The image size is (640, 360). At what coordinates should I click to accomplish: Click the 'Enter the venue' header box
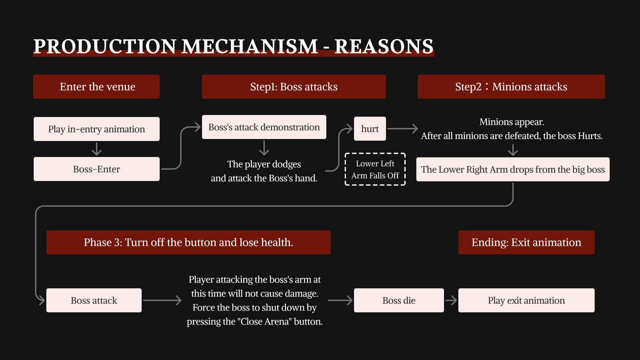(96, 87)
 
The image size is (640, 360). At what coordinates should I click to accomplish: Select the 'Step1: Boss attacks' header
(294, 87)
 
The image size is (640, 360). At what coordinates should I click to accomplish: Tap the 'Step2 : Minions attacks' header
(511, 87)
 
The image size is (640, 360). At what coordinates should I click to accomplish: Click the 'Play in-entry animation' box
(96, 129)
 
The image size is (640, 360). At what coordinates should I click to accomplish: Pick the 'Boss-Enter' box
(96, 169)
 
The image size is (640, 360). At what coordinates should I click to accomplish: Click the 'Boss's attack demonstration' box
(264, 127)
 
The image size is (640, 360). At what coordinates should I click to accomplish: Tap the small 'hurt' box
(370, 129)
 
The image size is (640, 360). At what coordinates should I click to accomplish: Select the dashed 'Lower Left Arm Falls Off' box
(375, 169)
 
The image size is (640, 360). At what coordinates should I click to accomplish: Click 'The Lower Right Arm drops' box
(513, 169)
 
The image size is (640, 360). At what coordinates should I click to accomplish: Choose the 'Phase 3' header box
(188, 242)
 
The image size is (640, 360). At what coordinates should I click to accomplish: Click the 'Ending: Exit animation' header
(526, 242)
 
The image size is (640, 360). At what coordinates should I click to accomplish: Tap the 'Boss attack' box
(94, 300)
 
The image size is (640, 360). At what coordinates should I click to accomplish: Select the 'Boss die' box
(399, 300)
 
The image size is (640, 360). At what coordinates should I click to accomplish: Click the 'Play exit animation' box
(526, 300)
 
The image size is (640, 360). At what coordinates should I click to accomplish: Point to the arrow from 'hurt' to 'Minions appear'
(402, 129)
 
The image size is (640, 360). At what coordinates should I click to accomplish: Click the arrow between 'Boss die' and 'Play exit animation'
(451, 300)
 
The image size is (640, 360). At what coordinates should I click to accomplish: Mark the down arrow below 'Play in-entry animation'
(97, 149)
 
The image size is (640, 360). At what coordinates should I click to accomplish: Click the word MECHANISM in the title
(250, 46)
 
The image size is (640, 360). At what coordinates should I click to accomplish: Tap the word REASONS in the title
(384, 46)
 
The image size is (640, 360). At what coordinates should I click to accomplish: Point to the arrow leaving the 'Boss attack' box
(162, 300)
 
